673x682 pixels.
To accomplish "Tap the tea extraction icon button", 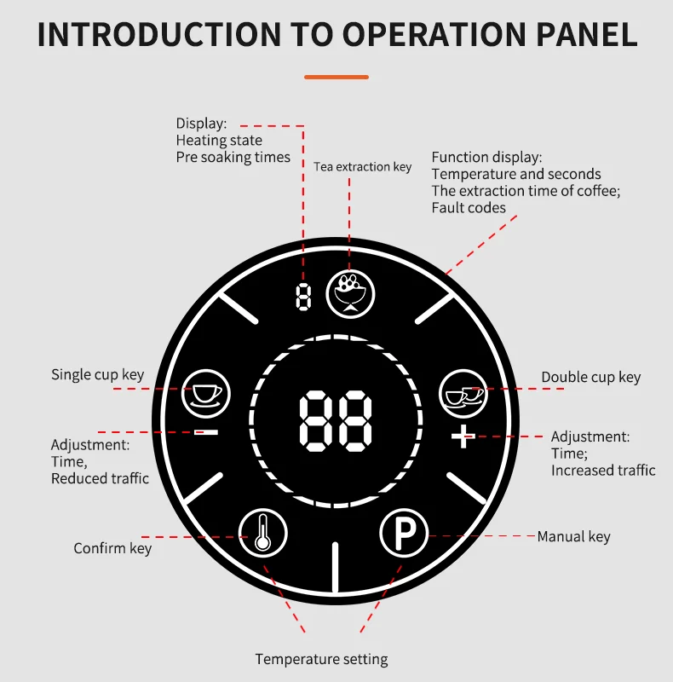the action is pos(350,294).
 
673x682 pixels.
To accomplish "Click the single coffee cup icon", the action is pos(205,394).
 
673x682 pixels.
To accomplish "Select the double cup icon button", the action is pos(463,394).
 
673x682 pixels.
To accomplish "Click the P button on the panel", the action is pos(404,533).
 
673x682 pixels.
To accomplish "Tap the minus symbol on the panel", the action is pos(206,432).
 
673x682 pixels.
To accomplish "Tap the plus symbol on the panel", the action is pos(463,436).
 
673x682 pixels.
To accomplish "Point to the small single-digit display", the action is pos(303,297).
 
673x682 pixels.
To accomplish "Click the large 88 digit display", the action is pos(336,420).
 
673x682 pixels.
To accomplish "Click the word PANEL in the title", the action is pos(586,34).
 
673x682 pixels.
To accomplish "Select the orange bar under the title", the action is pos(336,77).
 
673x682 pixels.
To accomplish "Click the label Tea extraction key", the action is pos(363,167).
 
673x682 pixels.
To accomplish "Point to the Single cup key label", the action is pos(97,375).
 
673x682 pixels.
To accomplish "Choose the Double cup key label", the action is pos(591,377).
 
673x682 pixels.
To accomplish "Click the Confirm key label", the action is pos(112,548).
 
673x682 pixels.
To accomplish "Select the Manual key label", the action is pos(574,537).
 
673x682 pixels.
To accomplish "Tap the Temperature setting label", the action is pos(321,659).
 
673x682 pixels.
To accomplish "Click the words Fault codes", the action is pos(469,208).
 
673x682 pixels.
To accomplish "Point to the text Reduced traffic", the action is pos(100,478).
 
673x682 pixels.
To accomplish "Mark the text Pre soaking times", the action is pos(233,157).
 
